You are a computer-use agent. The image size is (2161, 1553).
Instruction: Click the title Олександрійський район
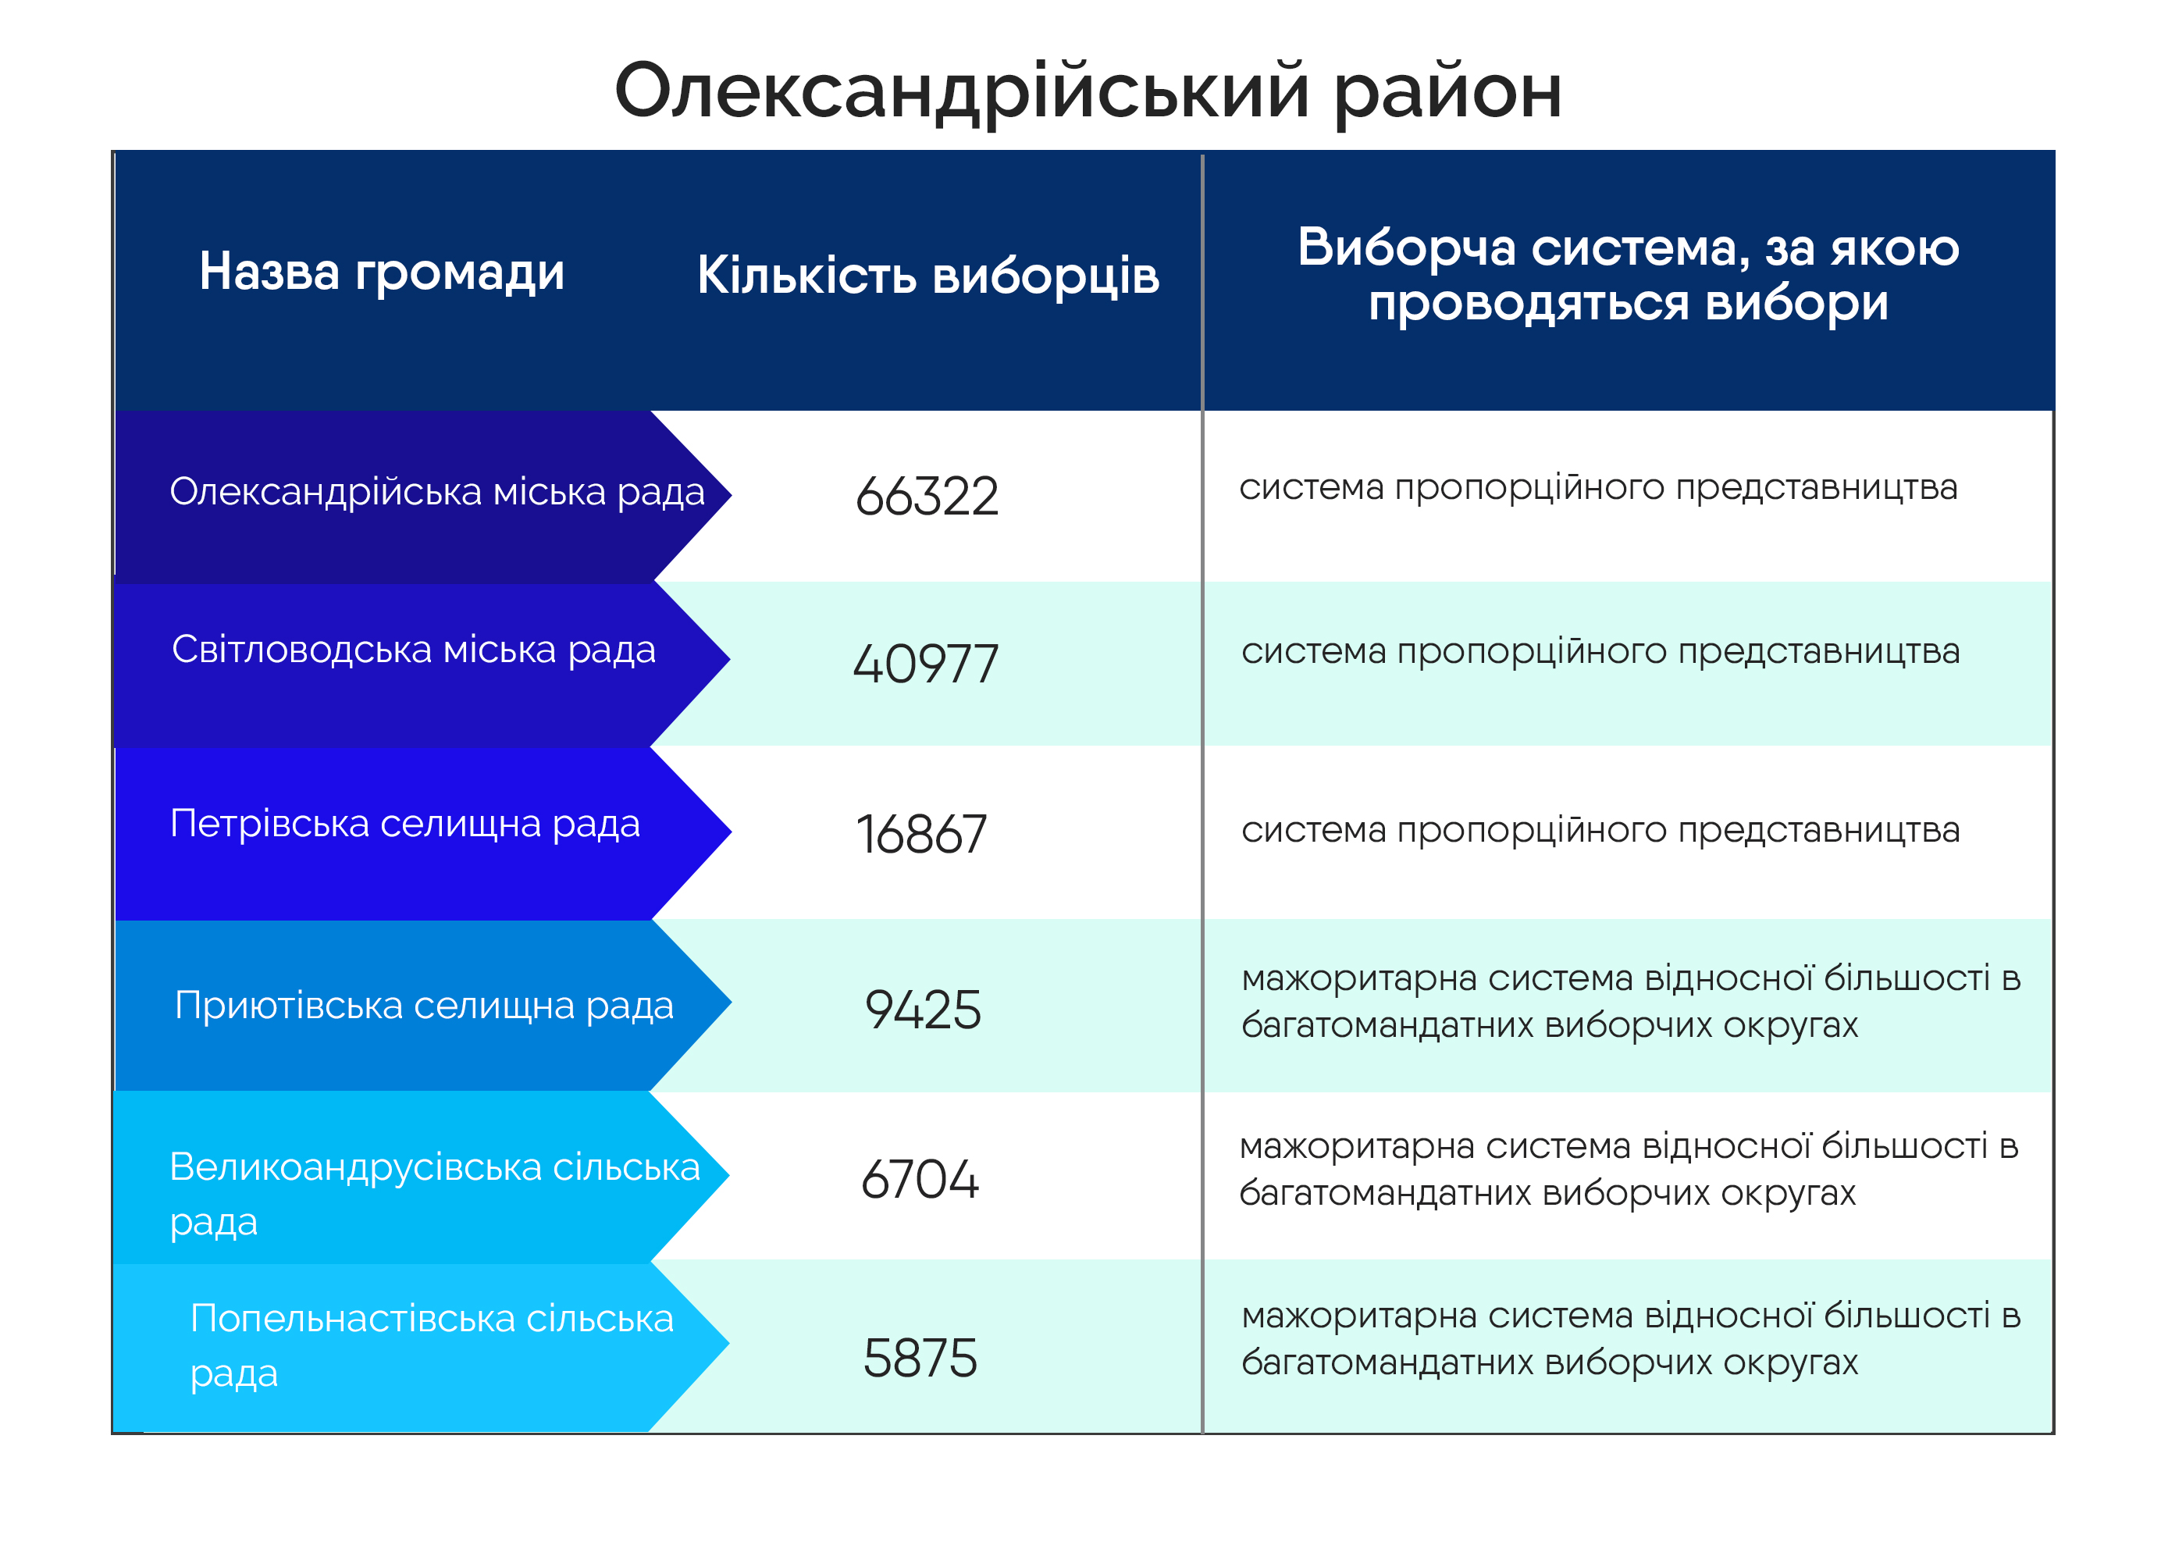1088,92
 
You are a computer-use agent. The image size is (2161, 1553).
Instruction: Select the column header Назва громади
381,272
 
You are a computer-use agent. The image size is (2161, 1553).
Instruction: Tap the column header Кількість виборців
927,276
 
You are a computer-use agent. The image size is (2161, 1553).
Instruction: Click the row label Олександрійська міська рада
437,493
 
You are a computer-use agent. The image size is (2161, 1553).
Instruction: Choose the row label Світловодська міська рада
414,650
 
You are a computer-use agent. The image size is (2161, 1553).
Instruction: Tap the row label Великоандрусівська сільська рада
435,1194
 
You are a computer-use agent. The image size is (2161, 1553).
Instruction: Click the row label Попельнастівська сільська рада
432,1345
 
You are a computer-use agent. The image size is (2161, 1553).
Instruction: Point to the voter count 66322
927,497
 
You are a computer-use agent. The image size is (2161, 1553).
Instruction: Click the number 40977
925,664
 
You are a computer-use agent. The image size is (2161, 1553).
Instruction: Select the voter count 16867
920,835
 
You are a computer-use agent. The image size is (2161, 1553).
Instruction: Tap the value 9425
922,1010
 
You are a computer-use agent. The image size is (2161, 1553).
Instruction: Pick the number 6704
920,1180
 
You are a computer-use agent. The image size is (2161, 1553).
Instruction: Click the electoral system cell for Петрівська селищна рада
1600,831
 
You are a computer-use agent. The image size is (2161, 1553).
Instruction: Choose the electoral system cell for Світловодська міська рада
1600,652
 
